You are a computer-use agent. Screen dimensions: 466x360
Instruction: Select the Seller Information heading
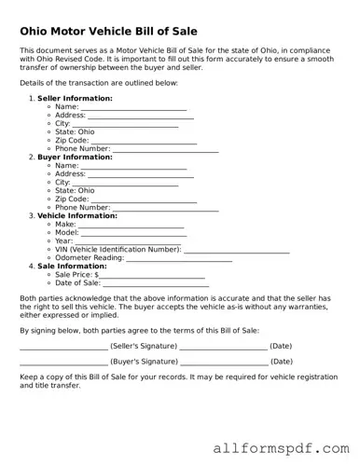(x=75, y=98)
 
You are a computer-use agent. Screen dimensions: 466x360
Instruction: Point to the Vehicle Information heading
(x=77, y=216)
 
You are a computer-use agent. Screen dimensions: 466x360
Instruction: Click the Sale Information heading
(x=72, y=267)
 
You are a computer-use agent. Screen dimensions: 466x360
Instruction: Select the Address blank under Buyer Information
(x=141, y=175)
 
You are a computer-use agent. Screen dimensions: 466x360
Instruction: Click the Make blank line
(x=132, y=226)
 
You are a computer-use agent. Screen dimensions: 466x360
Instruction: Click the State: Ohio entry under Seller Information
(x=75, y=132)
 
